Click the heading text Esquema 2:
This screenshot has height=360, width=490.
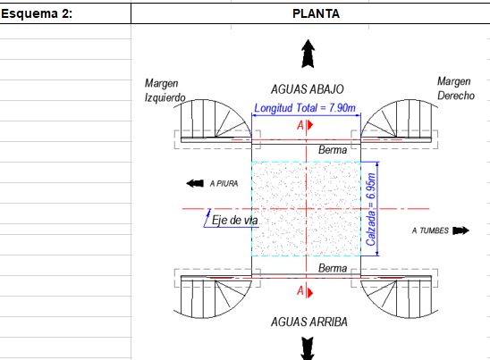pos(37,13)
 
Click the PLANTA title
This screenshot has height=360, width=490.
pos(316,13)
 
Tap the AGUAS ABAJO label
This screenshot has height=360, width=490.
pos(308,89)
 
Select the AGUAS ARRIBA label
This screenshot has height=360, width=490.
pos(309,322)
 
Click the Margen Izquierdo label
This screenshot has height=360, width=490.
pos(165,90)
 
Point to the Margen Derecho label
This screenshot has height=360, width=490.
pos(456,88)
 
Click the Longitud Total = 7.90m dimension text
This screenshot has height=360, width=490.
pos(305,108)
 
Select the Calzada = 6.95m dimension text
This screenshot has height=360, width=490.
pos(371,209)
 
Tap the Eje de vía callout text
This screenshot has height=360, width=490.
pos(234,220)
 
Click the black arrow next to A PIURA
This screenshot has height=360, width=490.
pos(195,183)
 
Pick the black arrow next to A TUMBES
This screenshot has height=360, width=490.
pos(460,230)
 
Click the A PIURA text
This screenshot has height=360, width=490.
pos(224,184)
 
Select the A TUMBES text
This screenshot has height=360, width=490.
pos(430,230)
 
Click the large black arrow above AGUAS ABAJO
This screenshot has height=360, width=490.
pos(308,54)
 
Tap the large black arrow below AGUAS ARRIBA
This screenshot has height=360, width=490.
pos(308,348)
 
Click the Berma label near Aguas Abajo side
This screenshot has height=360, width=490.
pos(333,150)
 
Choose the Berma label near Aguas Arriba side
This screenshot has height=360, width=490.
pos(333,268)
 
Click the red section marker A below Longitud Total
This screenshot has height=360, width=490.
pos(305,125)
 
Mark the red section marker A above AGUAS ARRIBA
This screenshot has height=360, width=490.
pos(305,292)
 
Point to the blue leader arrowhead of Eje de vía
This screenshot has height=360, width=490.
pos(209,212)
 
